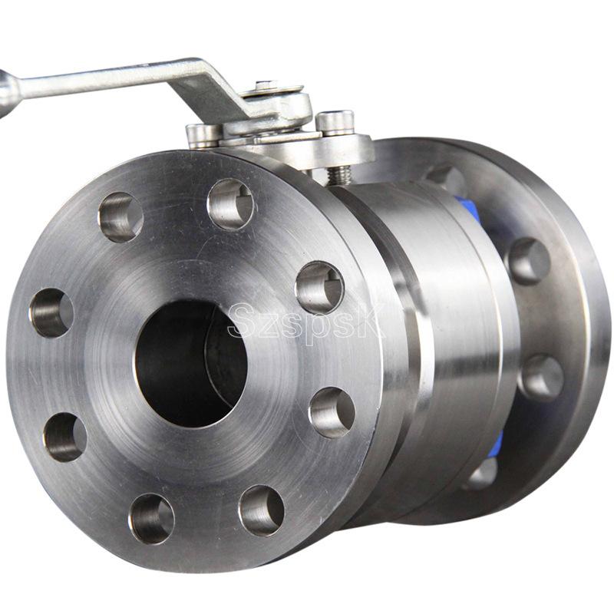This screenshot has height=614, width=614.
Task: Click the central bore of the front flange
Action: [x=191, y=364]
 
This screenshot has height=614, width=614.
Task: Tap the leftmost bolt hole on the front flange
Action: [x=51, y=313]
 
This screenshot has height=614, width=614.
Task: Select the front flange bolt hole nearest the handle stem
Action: [x=230, y=204]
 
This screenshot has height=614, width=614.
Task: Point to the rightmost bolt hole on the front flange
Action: [x=332, y=413]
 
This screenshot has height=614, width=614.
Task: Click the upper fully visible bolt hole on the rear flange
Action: [x=530, y=261]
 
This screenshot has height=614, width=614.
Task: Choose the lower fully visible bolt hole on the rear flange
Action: [x=543, y=378]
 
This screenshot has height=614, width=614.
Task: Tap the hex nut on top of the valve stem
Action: [x=266, y=86]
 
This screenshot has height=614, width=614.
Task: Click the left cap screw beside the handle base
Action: [x=203, y=136]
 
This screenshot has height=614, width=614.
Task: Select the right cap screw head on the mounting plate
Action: [x=335, y=122]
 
